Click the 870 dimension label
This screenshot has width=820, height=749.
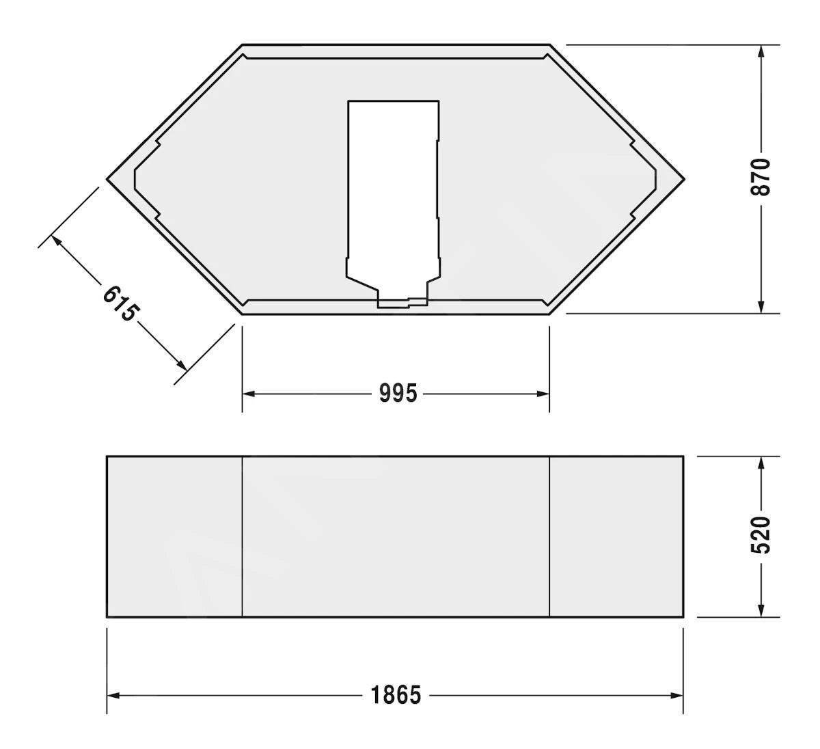761,176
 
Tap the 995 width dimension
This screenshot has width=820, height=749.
398,394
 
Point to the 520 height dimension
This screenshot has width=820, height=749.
761,535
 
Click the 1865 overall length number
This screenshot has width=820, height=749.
396,696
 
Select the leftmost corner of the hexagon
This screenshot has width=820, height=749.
108,179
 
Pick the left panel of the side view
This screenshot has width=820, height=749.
175,536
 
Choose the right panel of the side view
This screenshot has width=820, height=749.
616,536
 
